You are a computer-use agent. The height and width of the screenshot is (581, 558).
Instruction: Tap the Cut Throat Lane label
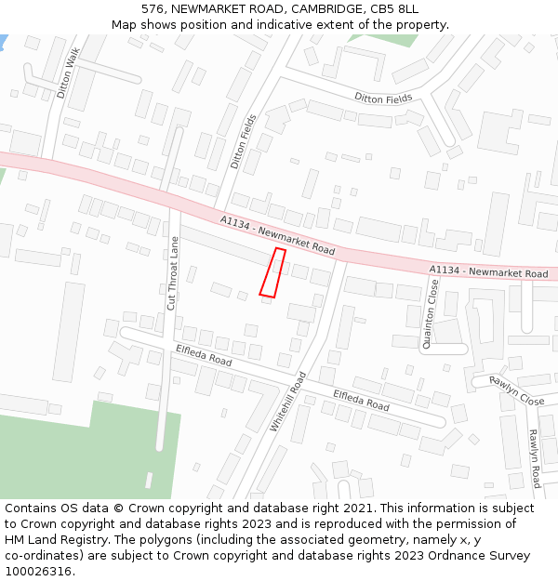(173, 273)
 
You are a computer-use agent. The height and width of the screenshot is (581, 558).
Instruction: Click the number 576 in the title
(153, 8)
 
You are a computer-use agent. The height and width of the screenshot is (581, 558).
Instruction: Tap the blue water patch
(3, 42)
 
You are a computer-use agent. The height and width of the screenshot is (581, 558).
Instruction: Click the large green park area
(74, 456)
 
